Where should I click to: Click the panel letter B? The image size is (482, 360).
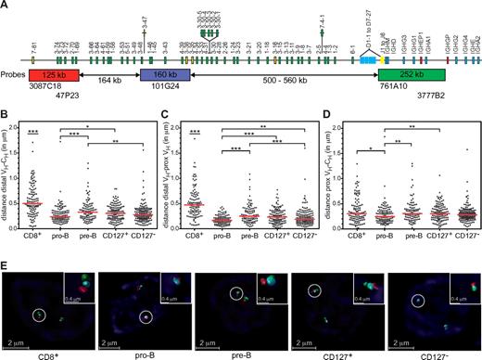6,113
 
